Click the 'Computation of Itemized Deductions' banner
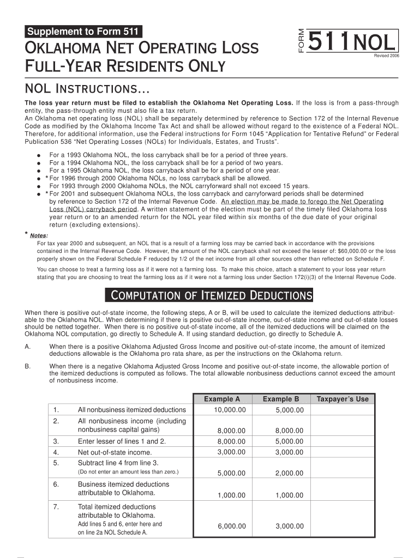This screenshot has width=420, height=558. click(x=208, y=295)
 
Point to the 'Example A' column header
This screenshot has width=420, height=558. click(x=222, y=399)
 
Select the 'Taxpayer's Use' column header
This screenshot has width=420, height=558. click(x=343, y=399)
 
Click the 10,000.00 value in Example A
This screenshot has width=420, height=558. click(x=230, y=410)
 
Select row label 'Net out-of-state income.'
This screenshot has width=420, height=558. click(x=115, y=452)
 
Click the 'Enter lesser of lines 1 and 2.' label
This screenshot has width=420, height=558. click(x=122, y=441)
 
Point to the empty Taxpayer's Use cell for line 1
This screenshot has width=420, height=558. click(x=343, y=410)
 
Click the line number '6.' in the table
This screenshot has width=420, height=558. click(x=56, y=484)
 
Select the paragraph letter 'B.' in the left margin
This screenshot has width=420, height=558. click(x=28, y=366)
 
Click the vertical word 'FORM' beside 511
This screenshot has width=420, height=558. click(x=302, y=41)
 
